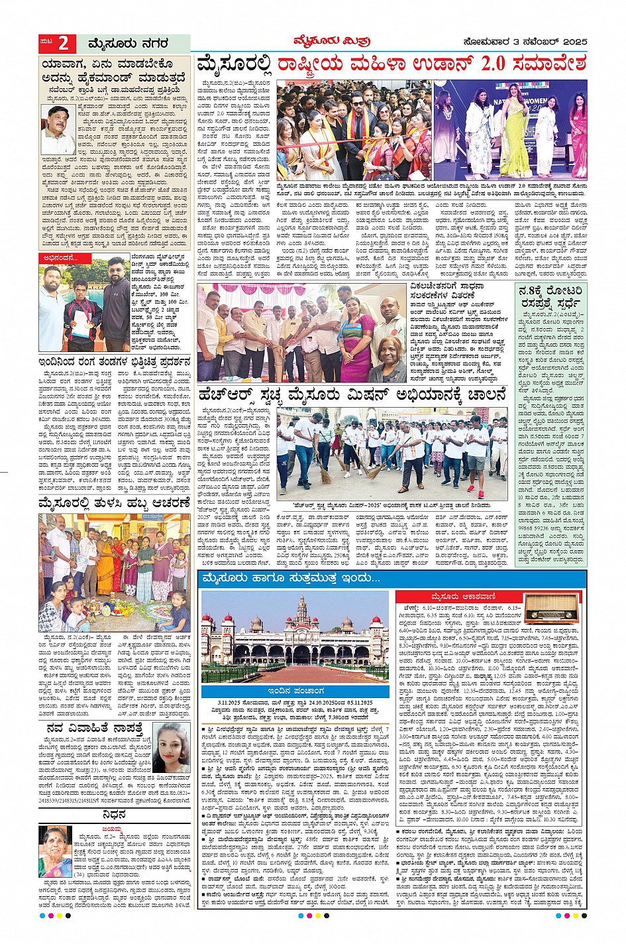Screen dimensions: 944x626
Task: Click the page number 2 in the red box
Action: (63, 44)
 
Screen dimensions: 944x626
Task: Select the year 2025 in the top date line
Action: (571, 42)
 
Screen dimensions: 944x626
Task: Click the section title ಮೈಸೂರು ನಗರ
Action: (128, 44)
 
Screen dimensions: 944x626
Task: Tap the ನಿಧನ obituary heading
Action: (114, 814)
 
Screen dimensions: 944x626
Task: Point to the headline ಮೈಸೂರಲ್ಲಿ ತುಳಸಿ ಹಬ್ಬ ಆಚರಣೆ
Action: (114, 502)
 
